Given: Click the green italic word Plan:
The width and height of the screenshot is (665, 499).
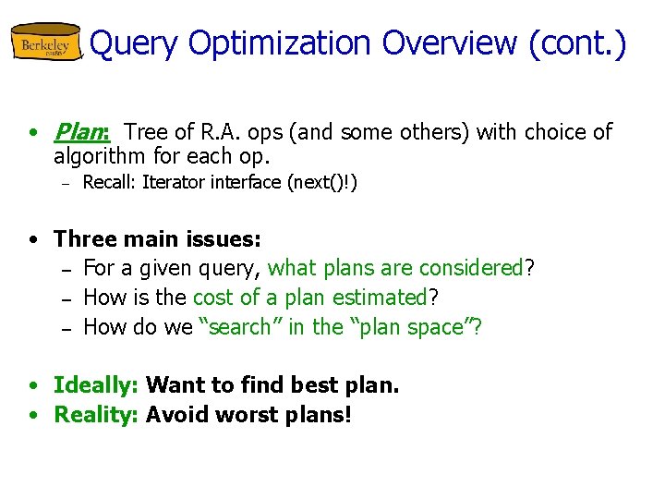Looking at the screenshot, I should pyautogui.click(x=82, y=132).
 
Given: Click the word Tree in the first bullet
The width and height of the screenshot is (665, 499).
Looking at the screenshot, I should pyautogui.click(x=145, y=132).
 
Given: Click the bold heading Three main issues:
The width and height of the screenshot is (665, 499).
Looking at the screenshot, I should pyautogui.click(x=158, y=239).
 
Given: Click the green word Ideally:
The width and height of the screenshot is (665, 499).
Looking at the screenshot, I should pyautogui.click(x=97, y=384).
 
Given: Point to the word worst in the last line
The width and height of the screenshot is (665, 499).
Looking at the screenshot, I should pyautogui.click(x=245, y=414).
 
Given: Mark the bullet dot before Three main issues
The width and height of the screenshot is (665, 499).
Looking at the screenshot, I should pyautogui.click(x=33, y=240).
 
